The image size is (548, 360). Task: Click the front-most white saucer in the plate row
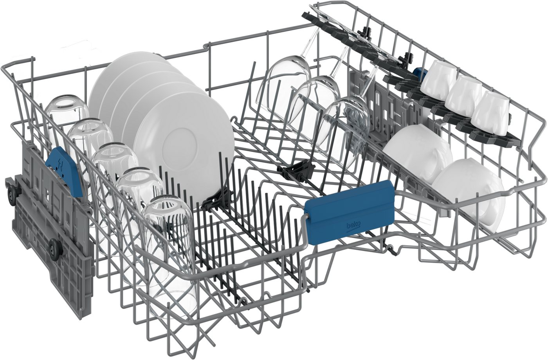pos(184,149)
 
